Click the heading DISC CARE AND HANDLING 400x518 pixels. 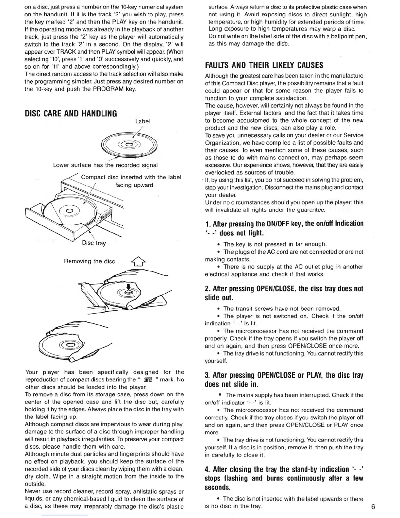pos(71,113)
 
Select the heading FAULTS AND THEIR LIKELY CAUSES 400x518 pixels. pos(264,65)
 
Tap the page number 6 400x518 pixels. pos(373,507)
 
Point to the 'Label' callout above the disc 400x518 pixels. pos(142,121)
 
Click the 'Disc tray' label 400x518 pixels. pos(94,243)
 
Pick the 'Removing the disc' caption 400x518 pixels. pos(90,261)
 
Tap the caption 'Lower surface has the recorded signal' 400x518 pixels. pos(105,165)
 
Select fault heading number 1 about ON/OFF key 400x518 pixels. pos(284,228)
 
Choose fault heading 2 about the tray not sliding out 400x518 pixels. pos(284,293)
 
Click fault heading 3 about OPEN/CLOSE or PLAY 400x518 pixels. pos(284,379)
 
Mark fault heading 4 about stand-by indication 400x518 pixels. pos(284,478)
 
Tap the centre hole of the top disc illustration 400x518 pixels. pos(129,144)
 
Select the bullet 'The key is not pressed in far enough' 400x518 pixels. pos(275,244)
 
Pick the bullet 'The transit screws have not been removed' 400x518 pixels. pos(282,308)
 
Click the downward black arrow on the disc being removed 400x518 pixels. pos(128,287)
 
